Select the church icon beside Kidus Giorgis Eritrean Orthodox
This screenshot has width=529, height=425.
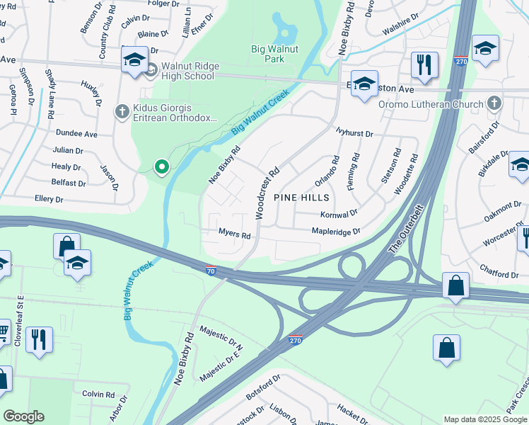pos(122,111)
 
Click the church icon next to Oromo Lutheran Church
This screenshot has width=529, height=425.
pos(494,104)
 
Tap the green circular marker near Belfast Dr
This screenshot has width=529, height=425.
pos(162,167)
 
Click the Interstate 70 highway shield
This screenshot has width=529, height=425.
pos(211,270)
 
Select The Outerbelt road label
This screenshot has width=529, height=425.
pos(404,238)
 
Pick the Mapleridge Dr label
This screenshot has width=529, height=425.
pos(336,231)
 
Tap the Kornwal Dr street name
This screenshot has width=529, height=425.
pos(339,212)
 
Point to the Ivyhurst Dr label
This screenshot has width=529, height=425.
pos(354,133)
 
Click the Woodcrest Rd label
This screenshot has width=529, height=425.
pos(268,192)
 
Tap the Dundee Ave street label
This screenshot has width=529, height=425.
pos(76,133)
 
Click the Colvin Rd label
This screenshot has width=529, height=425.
pos(98,394)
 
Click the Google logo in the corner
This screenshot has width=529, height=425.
pos(23,416)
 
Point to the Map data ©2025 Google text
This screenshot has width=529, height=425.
pos(484,419)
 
